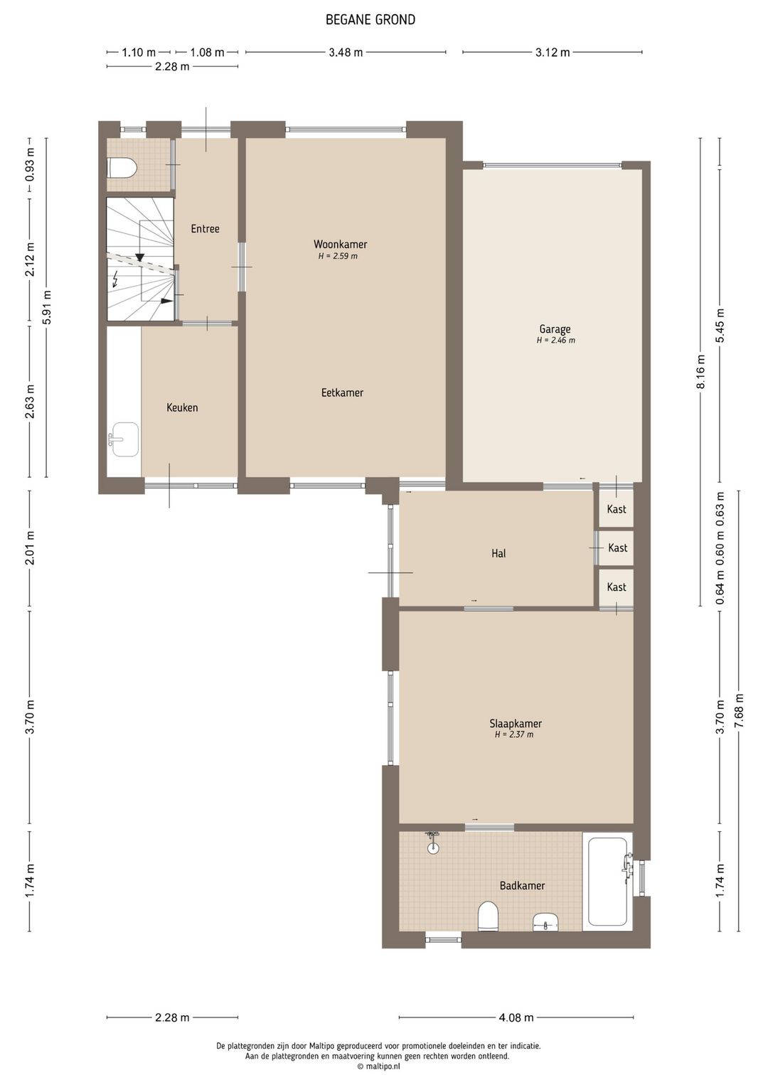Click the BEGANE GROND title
(x=370, y=20)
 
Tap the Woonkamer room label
(x=340, y=244)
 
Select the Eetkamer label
(x=342, y=392)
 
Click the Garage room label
(x=555, y=330)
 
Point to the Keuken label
(x=182, y=407)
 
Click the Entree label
(x=205, y=229)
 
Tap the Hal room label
(x=498, y=553)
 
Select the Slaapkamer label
(x=516, y=723)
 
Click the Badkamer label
(x=523, y=885)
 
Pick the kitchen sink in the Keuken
(x=124, y=439)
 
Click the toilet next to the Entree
(x=122, y=168)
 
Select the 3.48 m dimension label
(x=346, y=53)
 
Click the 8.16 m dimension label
(x=701, y=371)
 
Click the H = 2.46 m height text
(x=556, y=341)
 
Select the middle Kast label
(x=617, y=547)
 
